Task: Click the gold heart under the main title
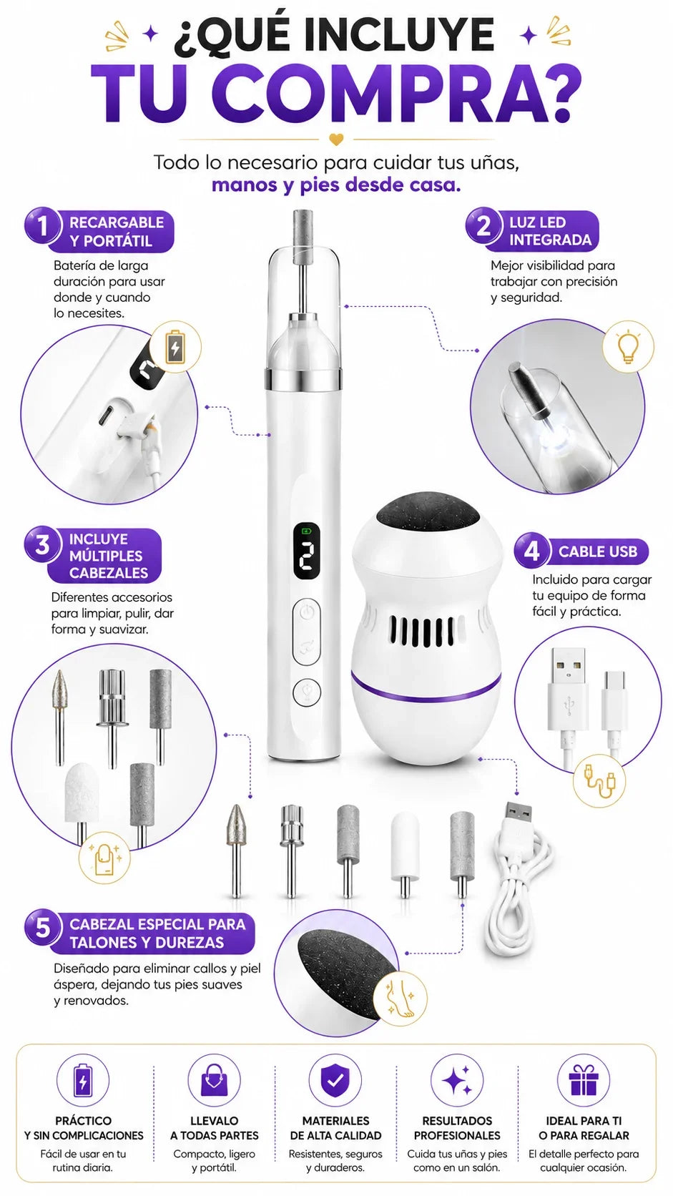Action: click(x=335, y=139)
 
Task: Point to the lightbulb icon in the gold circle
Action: click(x=628, y=346)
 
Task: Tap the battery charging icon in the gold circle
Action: click(x=175, y=347)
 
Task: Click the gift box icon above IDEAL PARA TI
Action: click(x=583, y=1079)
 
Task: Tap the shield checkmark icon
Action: click(x=335, y=1080)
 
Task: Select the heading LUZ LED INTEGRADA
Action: click(x=550, y=232)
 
